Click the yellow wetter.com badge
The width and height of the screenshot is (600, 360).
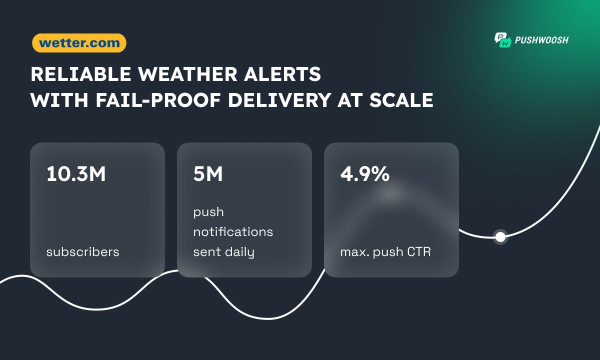[79, 43]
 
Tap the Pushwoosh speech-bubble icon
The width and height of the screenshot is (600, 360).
[502, 40]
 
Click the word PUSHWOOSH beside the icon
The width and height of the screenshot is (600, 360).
[542, 40]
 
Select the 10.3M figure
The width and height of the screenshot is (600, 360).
[76, 174]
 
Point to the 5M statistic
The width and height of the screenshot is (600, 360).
[208, 174]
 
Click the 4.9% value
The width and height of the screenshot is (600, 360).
[365, 174]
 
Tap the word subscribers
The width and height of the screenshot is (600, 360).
[83, 251]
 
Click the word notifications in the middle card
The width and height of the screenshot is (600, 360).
[233, 232]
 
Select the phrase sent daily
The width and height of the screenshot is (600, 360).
[223, 252]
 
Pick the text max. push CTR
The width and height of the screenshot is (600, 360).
[385, 251]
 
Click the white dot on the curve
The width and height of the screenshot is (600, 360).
[500, 237]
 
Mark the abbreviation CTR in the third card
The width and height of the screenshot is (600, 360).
[419, 251]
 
